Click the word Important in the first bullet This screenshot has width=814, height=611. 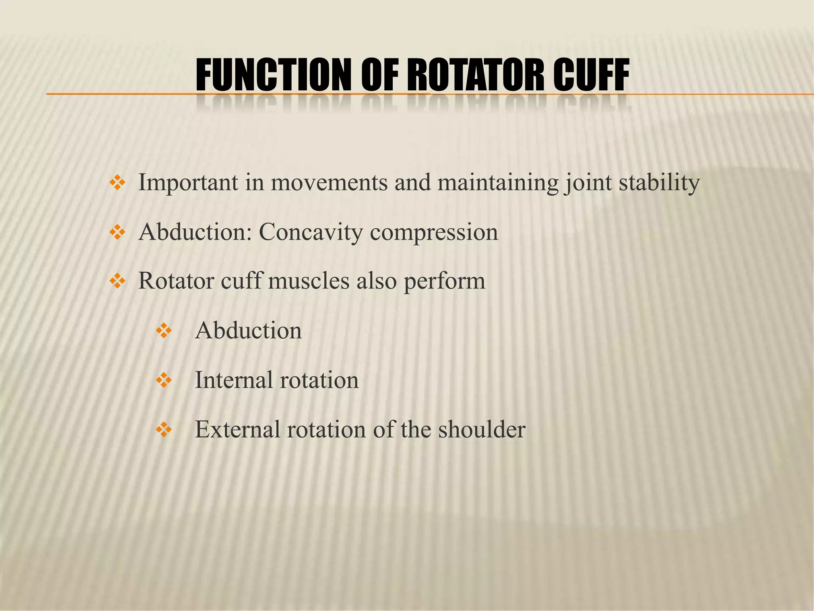coord(188,183)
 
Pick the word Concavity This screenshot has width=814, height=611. coord(310,232)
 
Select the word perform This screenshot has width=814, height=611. coord(444,282)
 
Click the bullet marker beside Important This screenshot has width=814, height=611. coord(117,183)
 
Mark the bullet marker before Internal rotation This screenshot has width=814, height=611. coord(163,381)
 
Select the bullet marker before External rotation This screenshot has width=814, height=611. coord(163,430)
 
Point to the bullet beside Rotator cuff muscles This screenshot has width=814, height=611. coord(117,282)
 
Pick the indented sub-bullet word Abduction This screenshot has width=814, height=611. coord(248,331)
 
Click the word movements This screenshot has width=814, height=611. coord(329,183)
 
